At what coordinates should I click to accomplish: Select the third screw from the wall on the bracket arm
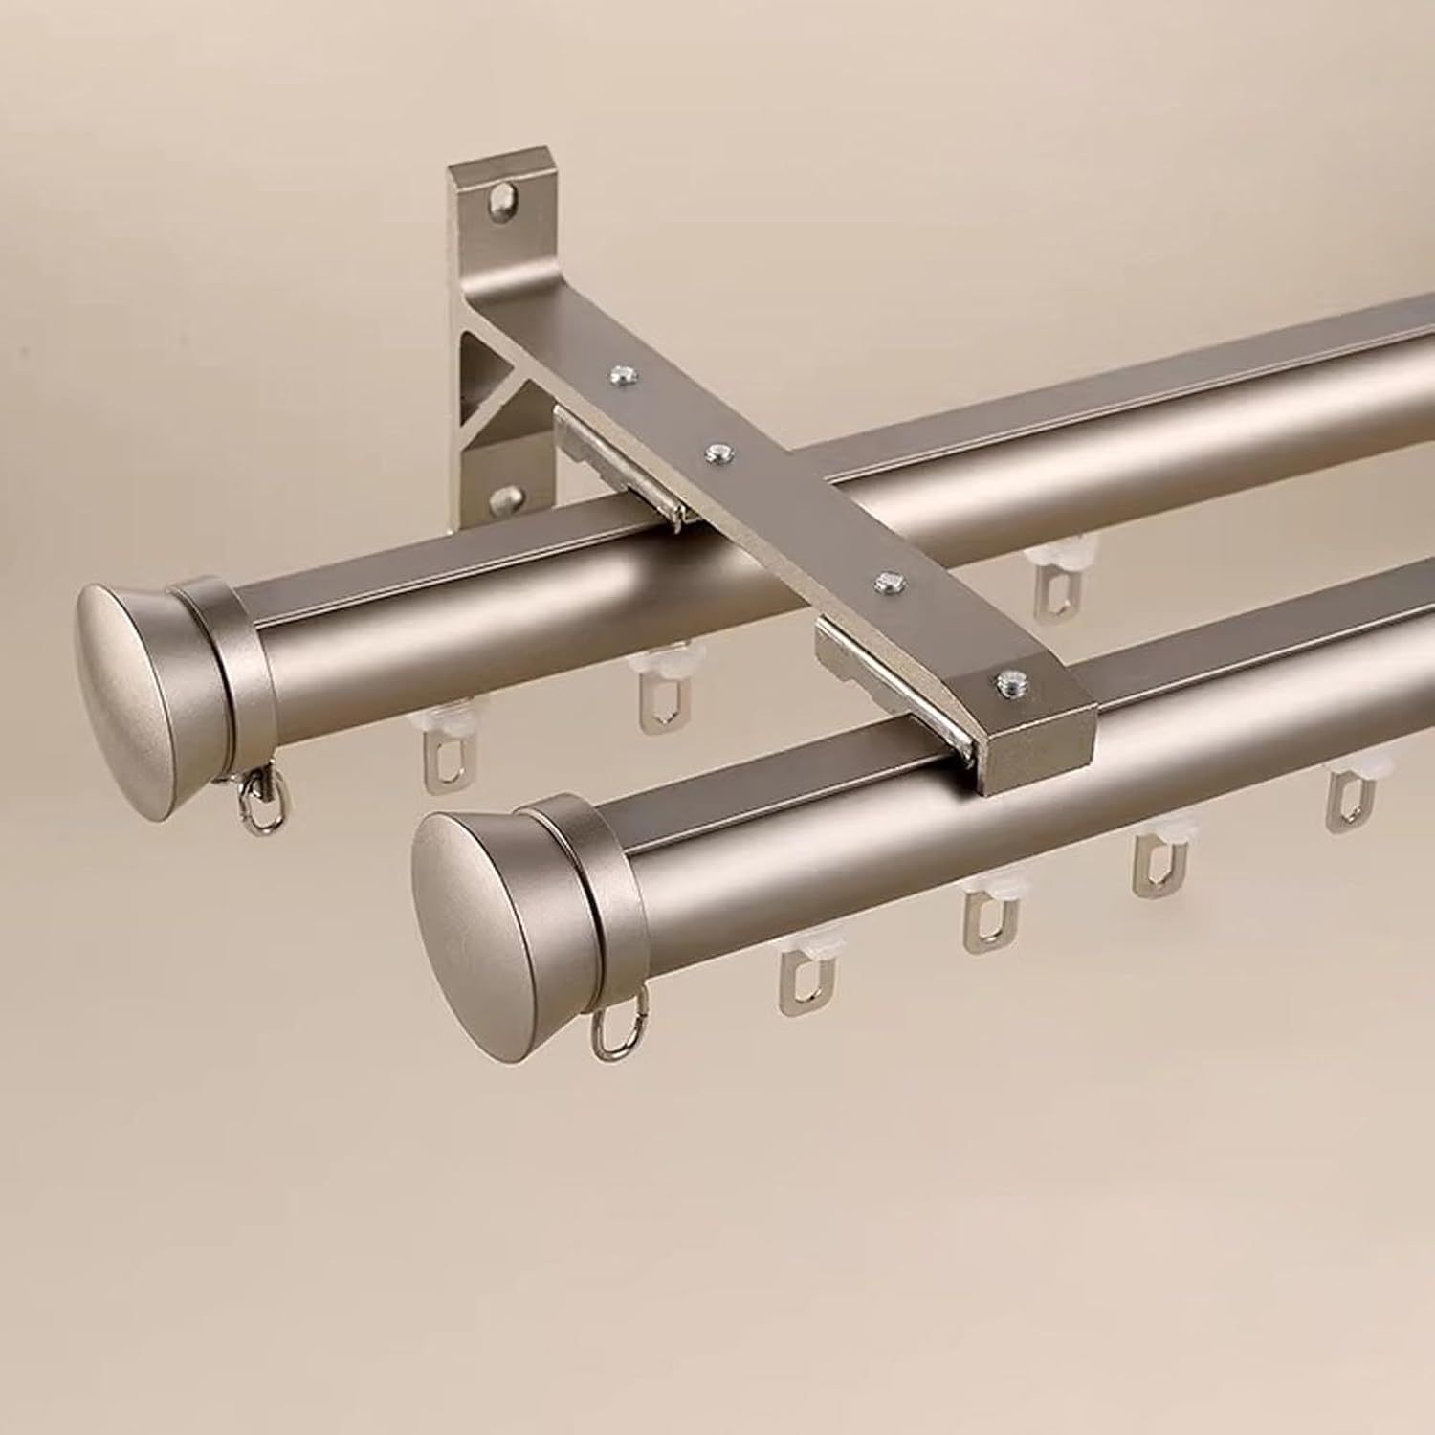(x=889, y=581)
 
